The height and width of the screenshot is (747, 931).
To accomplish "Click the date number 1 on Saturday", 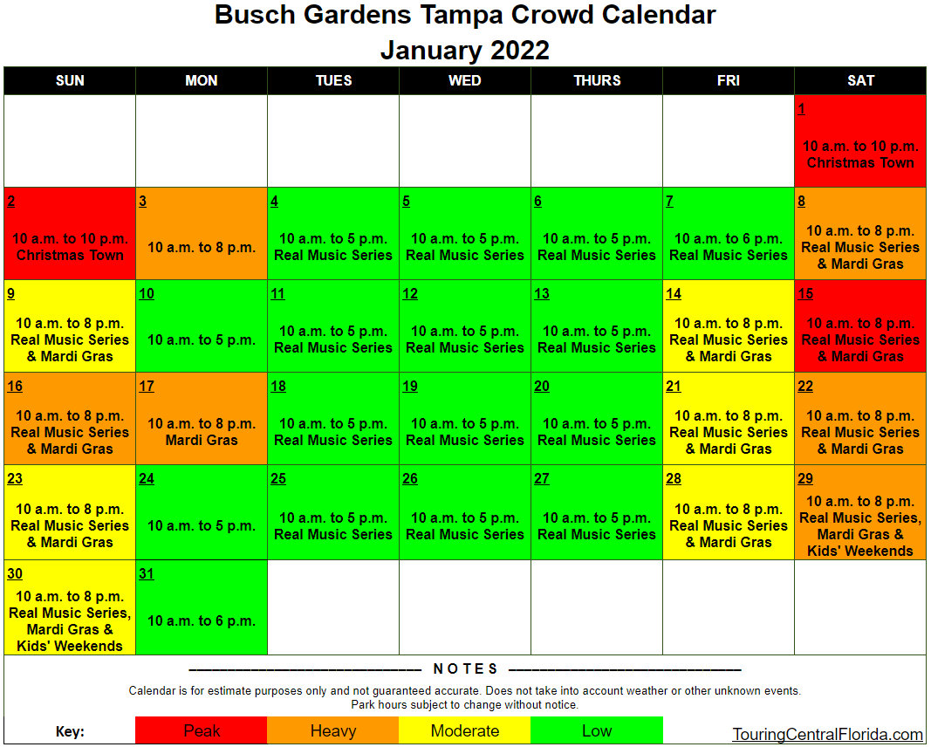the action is pyautogui.click(x=802, y=109).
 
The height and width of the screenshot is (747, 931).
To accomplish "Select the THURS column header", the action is pyautogui.click(x=597, y=81).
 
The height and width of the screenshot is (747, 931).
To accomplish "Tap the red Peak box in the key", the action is pyautogui.click(x=202, y=730).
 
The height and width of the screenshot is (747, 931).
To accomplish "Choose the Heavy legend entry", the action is pyautogui.click(x=333, y=730).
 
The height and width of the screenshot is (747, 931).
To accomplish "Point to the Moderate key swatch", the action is pyautogui.click(x=465, y=730).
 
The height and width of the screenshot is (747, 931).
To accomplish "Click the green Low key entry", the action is pyautogui.click(x=597, y=730).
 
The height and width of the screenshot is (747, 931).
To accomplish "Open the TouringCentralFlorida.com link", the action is pyautogui.click(x=827, y=735).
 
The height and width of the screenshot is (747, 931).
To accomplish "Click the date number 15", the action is pyautogui.click(x=805, y=294).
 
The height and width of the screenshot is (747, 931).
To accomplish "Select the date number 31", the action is pyautogui.click(x=147, y=573).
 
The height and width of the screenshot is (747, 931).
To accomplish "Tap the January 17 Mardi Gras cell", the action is pyautogui.click(x=202, y=419).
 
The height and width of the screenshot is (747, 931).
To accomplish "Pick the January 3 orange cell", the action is pyautogui.click(x=202, y=233).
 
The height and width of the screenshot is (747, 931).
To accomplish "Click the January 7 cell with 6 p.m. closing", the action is pyautogui.click(x=729, y=233).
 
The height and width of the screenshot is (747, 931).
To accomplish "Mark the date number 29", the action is pyautogui.click(x=805, y=478).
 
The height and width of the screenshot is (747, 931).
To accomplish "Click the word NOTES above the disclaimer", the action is pyautogui.click(x=466, y=669).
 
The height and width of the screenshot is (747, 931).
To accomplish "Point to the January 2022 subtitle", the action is pyautogui.click(x=465, y=50).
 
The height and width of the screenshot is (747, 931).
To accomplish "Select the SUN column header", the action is pyautogui.click(x=70, y=81).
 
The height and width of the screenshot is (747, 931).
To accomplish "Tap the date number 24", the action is pyautogui.click(x=147, y=478).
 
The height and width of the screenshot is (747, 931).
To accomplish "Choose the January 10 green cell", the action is pyautogui.click(x=202, y=326).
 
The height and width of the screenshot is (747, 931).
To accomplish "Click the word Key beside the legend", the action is pyautogui.click(x=70, y=731).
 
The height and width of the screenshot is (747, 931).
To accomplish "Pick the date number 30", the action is pyautogui.click(x=15, y=573).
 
